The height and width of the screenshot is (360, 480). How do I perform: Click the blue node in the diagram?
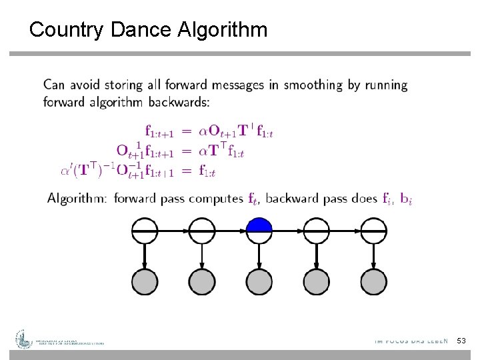(x=259, y=231)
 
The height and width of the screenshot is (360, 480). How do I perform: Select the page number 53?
(x=461, y=341)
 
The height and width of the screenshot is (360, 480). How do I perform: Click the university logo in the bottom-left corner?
(x=25, y=339)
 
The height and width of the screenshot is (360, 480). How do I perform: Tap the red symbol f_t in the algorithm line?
(x=253, y=199)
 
